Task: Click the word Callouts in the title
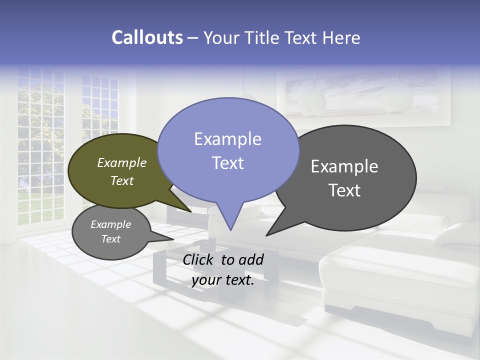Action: click(147, 37)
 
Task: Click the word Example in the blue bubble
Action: click(227, 139)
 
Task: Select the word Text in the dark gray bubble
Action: click(344, 190)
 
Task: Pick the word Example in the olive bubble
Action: click(122, 162)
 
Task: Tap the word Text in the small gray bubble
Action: click(111, 239)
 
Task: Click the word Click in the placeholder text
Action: click(199, 259)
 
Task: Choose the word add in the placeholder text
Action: click(251, 259)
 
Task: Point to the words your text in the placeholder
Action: click(223, 280)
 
